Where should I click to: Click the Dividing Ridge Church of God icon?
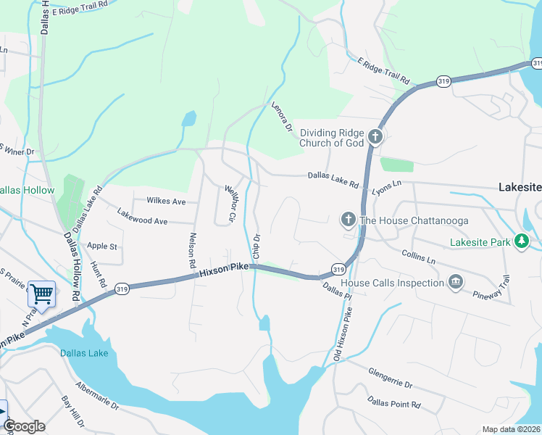point(375,137)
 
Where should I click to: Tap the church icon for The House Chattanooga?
point(348,220)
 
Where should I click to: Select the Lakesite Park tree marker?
point(521,241)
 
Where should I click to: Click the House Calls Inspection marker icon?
point(455,282)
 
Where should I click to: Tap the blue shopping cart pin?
point(41,294)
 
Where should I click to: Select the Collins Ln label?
point(418,256)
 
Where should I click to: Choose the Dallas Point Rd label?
point(393,402)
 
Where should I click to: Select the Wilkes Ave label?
point(166,201)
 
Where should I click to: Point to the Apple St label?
point(102,246)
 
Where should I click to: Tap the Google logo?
point(24,426)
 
